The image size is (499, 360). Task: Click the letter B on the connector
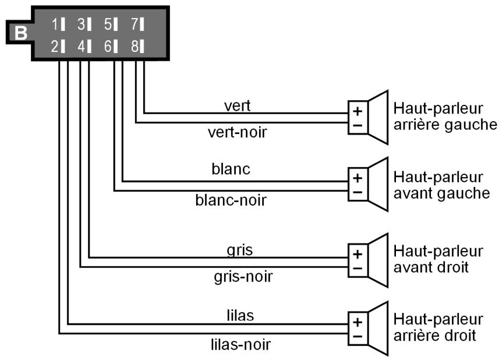20,33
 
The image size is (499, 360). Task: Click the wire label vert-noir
237,132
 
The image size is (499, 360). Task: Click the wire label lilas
239,315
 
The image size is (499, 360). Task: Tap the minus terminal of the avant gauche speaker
358,192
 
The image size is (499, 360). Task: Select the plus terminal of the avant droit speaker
358,254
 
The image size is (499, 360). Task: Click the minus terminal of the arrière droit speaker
358,336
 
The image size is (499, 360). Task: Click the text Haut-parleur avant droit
438,259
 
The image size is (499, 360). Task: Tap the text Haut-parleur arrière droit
438,327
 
